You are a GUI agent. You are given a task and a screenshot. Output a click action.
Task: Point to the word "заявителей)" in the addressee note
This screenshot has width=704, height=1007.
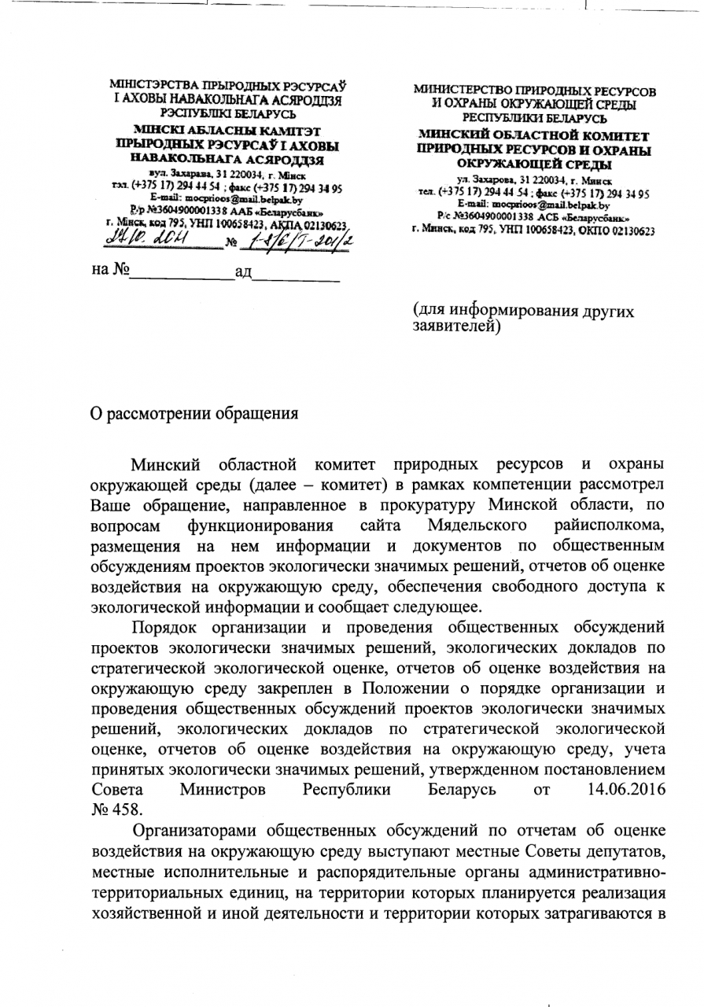click(x=456, y=324)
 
